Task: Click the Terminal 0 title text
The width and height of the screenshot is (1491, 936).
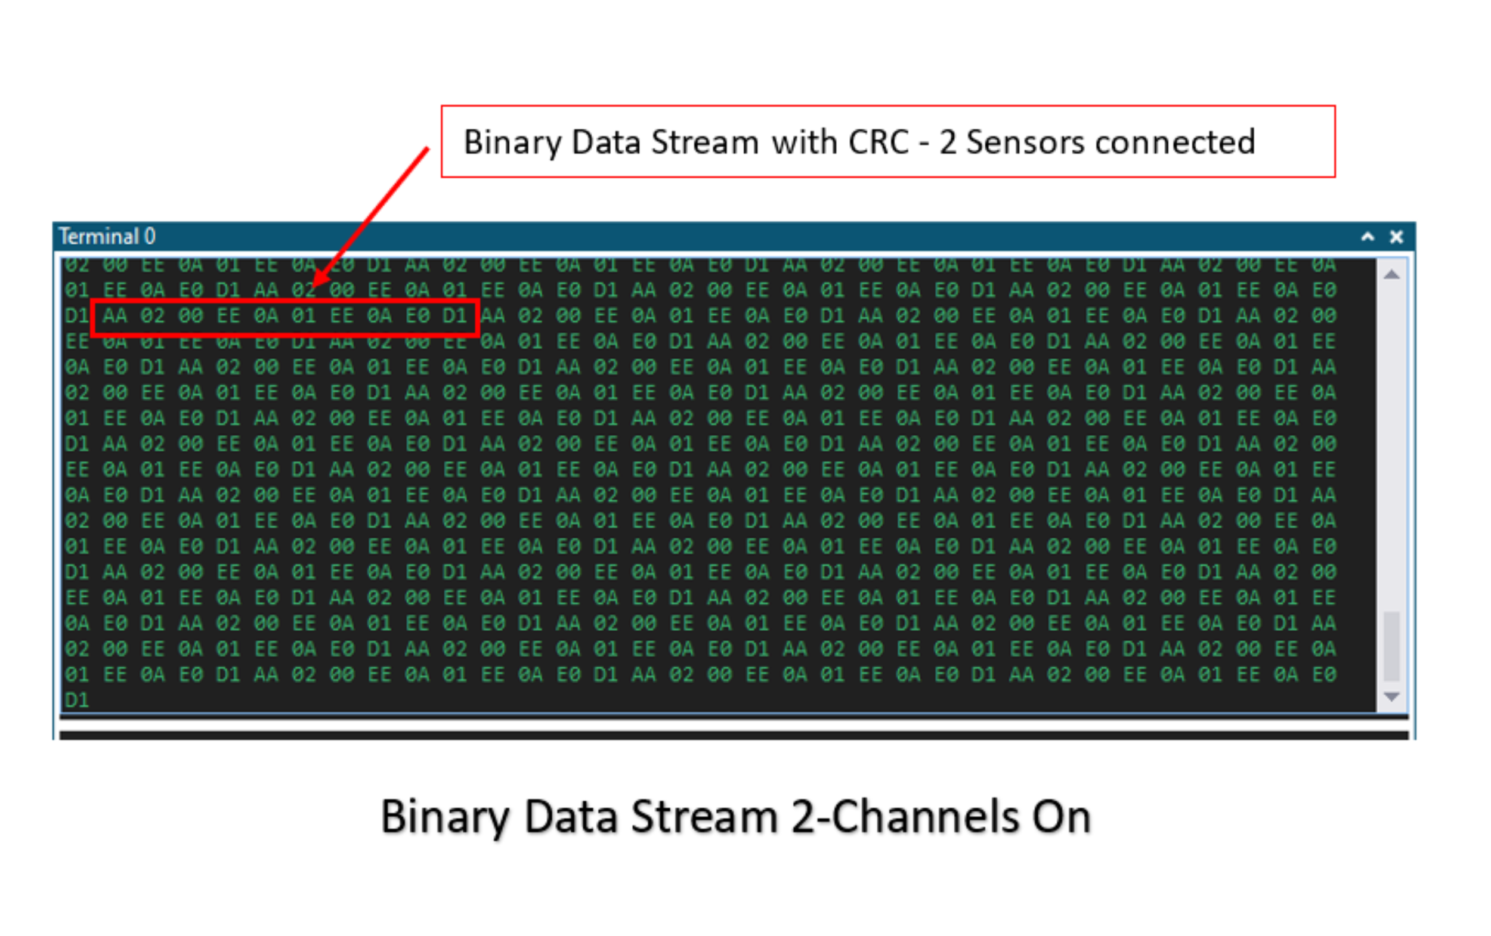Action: point(107,237)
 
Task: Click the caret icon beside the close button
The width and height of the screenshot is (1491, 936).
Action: point(1368,237)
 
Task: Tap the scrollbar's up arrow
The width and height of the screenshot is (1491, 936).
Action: point(1391,275)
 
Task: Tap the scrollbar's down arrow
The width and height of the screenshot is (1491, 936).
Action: point(1391,696)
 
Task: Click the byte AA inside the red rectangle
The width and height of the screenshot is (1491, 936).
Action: point(115,317)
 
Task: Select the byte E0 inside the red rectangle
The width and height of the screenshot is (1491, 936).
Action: point(417,317)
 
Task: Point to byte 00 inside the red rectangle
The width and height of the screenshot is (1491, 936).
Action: point(191,317)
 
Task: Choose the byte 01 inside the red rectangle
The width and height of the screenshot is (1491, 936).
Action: point(304,317)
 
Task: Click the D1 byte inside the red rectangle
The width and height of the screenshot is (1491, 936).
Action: point(455,317)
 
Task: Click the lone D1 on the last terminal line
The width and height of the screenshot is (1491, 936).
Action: point(77,700)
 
